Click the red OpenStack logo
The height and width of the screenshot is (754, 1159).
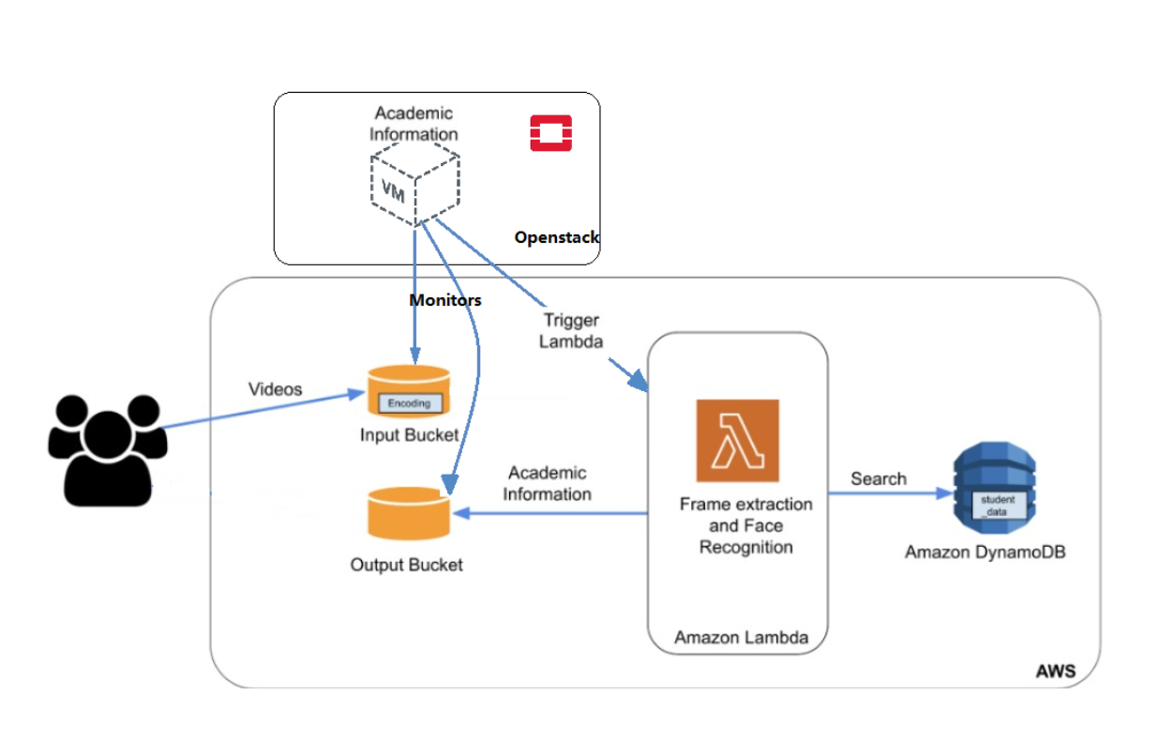tap(550, 133)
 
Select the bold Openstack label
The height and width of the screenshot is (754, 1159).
tap(556, 238)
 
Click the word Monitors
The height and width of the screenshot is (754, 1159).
tap(444, 300)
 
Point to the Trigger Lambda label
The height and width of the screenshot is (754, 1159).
tap(570, 331)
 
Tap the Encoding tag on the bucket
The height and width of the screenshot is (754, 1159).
tap(409, 403)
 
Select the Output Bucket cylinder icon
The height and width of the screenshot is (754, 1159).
tap(408, 514)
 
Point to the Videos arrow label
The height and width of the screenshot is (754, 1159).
tap(275, 389)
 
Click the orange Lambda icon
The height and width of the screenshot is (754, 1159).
tap(737, 441)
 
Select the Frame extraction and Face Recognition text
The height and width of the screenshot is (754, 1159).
tap(745, 525)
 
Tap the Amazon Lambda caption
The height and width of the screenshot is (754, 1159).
tap(741, 638)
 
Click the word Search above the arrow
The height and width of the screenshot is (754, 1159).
tap(879, 479)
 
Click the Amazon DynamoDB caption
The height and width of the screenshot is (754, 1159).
tap(985, 552)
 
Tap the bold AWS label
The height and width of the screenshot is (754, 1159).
tap(1055, 671)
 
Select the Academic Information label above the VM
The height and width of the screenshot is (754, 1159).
tap(414, 124)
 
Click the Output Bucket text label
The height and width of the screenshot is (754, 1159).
tap(406, 565)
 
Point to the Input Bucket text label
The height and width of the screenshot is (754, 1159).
tap(409, 435)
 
